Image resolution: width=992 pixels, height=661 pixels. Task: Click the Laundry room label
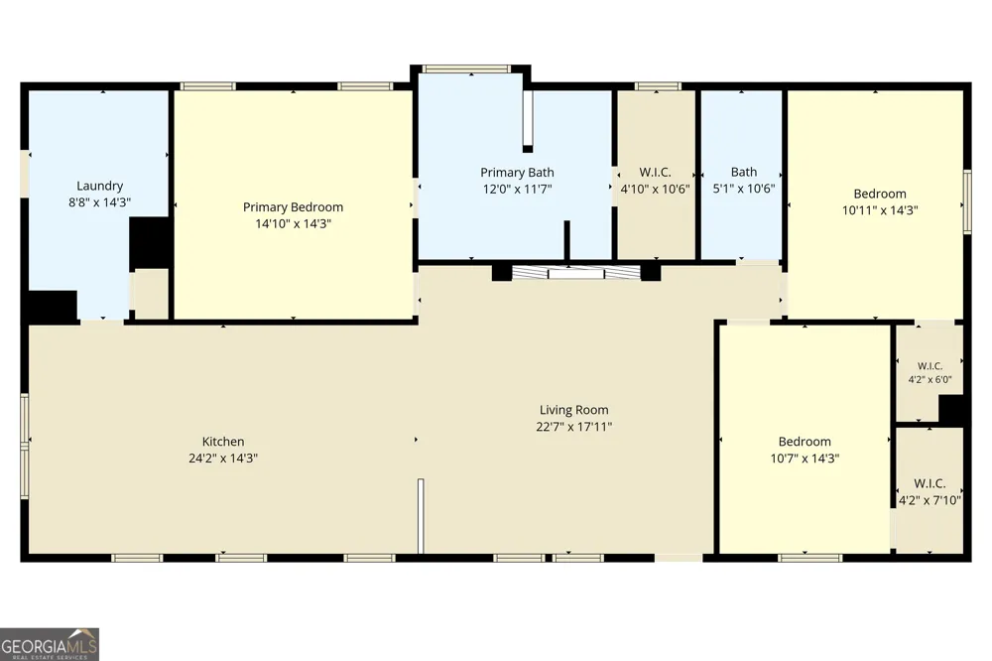[x=99, y=186]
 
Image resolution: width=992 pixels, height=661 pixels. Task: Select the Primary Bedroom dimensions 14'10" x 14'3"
[x=293, y=223]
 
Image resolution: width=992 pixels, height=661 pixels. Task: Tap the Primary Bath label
[x=517, y=173]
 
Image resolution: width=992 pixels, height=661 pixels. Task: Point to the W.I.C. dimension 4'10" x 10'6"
[x=655, y=189]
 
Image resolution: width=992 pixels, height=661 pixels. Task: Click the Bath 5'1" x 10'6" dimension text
[x=743, y=188]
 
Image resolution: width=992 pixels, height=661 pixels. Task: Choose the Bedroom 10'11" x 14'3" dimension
[x=879, y=210]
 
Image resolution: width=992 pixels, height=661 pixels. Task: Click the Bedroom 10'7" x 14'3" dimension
[x=805, y=459]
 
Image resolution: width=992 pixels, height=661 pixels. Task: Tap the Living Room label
[x=573, y=410]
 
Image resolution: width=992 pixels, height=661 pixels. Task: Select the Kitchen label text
[x=222, y=442]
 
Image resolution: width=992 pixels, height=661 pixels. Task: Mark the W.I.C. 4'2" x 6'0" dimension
[x=930, y=380]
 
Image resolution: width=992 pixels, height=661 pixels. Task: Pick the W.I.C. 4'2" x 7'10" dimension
[x=930, y=500]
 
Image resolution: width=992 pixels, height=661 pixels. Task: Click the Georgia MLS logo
[x=50, y=644]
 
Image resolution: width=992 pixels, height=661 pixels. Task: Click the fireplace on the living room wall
[x=575, y=273]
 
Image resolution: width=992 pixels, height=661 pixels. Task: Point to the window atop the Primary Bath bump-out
[x=466, y=68]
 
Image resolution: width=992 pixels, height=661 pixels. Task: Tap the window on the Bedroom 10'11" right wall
[x=967, y=201]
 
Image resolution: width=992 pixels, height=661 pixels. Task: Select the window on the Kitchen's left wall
[x=25, y=445]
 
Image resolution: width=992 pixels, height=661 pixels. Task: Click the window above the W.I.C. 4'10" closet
[x=658, y=86]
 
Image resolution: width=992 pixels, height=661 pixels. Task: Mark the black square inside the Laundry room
[x=150, y=244]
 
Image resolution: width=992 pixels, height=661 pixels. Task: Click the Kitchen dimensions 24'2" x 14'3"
[x=222, y=459]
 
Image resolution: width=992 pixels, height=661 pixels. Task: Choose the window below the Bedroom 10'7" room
[x=809, y=558]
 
